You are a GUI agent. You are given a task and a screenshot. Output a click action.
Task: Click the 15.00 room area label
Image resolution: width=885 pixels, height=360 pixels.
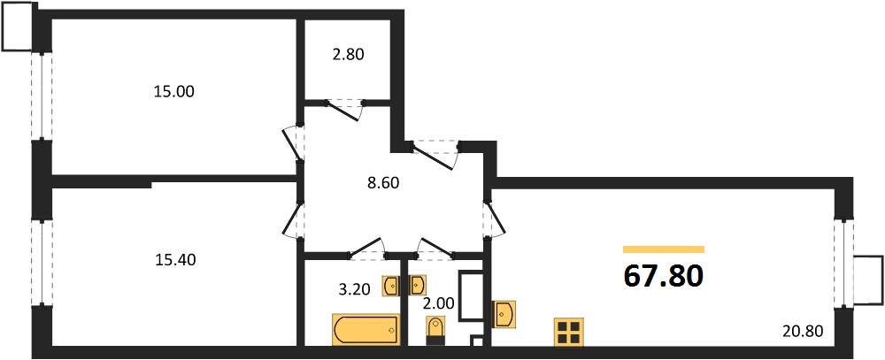[173, 91]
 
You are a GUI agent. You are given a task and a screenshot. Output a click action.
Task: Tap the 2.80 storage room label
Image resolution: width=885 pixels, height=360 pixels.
[348, 55]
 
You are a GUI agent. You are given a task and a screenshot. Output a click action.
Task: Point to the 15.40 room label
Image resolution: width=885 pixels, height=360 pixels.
[175, 260]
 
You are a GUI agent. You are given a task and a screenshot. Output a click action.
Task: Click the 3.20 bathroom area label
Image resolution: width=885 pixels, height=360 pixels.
[355, 291]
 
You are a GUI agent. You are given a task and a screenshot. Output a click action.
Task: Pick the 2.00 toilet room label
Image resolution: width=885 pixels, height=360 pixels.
[438, 303]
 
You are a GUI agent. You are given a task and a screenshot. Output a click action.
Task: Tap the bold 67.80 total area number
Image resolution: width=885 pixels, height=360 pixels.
[663, 276]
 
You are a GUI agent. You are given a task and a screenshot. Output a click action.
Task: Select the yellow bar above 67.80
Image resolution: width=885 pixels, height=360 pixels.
[664, 249]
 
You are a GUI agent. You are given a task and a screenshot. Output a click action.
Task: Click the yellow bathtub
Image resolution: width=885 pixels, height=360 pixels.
[366, 330]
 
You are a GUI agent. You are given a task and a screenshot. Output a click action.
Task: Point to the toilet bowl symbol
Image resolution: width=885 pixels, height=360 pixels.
[435, 331]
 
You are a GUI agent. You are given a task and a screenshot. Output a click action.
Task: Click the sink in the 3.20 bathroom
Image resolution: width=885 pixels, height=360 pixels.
[392, 286]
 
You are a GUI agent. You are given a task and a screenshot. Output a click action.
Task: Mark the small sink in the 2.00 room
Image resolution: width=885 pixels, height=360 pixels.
[417, 286]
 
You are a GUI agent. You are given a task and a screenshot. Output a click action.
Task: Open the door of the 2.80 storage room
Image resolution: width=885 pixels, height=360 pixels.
[345, 110]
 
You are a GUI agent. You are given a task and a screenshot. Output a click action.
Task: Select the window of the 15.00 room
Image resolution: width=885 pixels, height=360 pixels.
[42, 96]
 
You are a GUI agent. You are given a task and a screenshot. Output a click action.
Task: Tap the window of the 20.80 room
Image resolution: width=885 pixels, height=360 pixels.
[843, 264]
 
